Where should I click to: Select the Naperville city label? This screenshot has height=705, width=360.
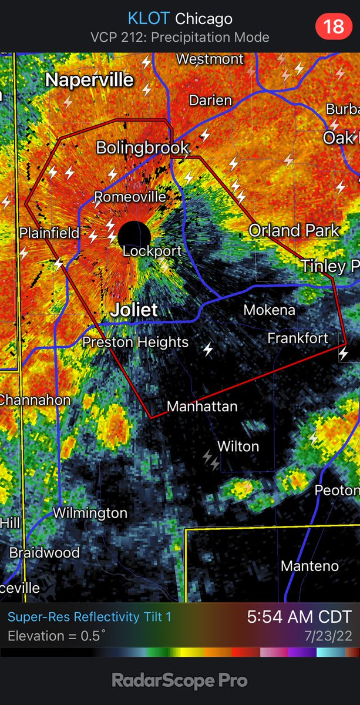click(90, 80)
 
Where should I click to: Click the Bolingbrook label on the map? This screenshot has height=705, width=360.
click(142, 147)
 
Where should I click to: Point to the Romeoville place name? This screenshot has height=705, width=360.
click(130, 197)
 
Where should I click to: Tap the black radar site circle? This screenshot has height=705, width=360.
click(134, 236)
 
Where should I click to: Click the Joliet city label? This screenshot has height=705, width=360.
click(136, 310)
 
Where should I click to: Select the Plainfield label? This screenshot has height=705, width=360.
click(49, 233)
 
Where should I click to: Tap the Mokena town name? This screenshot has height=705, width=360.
click(269, 310)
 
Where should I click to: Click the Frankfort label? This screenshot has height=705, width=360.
click(297, 338)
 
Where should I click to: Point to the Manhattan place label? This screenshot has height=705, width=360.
click(202, 406)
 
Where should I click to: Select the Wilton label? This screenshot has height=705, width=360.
click(238, 446)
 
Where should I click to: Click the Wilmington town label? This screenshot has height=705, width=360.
click(90, 513)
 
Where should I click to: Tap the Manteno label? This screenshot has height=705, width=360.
click(309, 566)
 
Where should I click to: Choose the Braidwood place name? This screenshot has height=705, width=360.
click(44, 553)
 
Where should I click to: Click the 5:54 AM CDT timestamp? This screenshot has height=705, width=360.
click(299, 617)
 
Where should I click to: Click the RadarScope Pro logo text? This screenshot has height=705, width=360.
click(180, 681)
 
